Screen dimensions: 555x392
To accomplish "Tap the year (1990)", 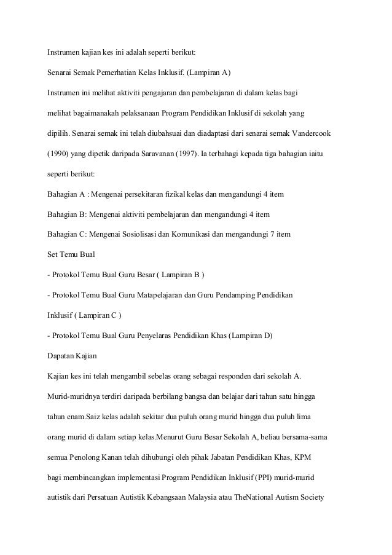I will (60, 153).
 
